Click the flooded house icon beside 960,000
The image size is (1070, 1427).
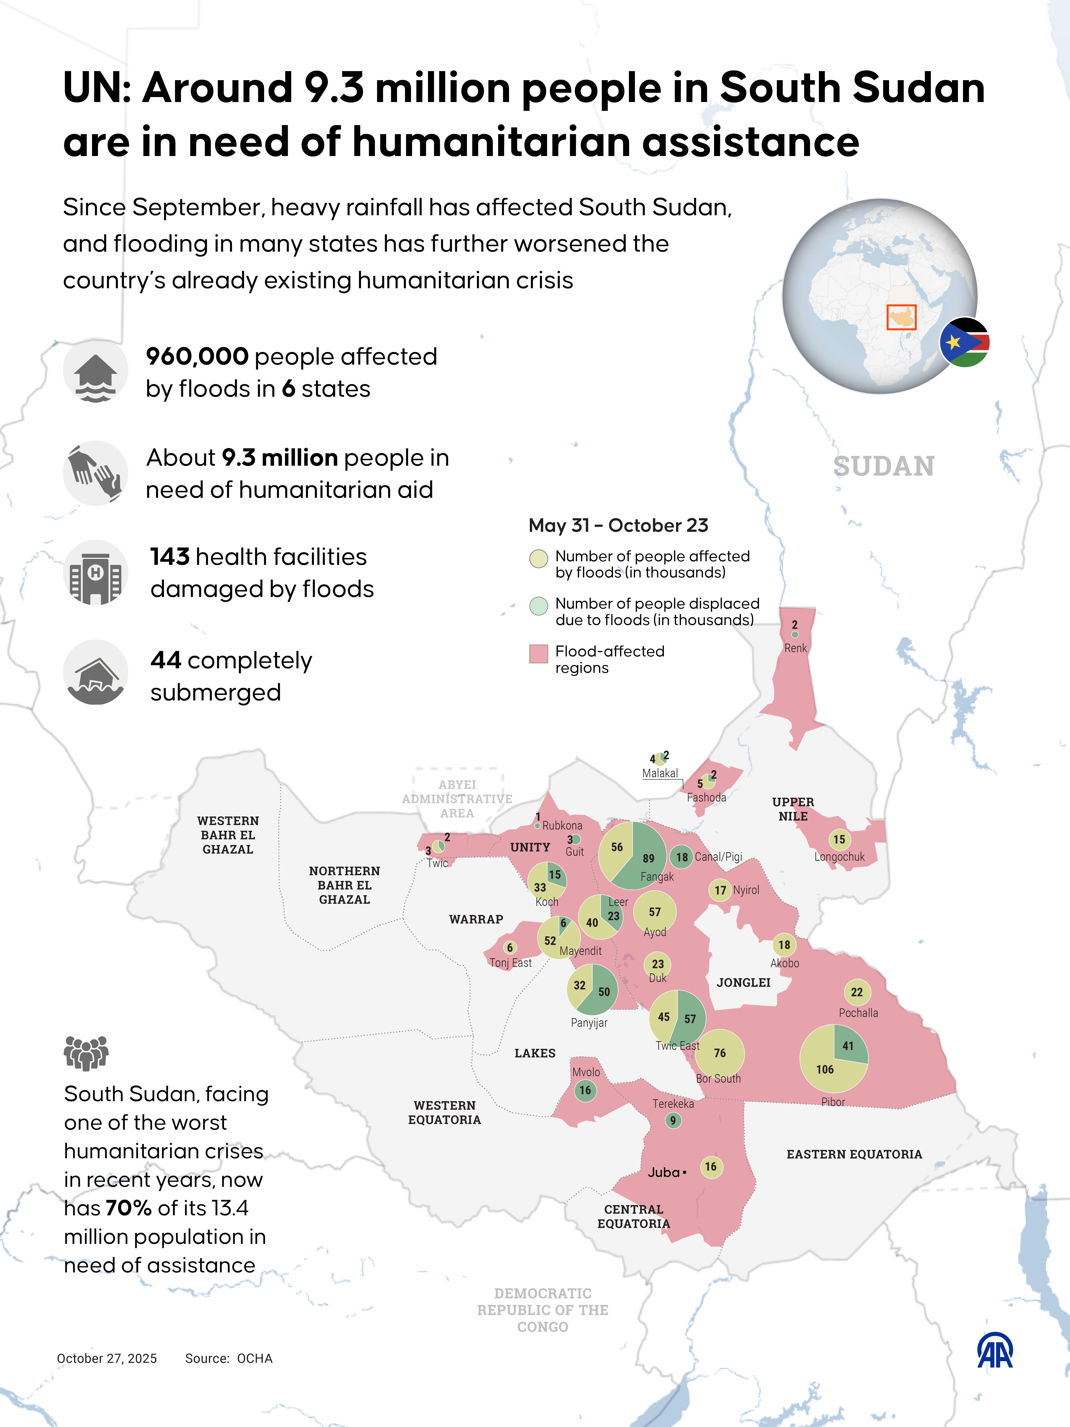coord(95,371)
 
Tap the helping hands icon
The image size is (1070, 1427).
coord(95,473)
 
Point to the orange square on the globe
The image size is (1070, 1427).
coord(901,317)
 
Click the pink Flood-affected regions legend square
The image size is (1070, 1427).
coord(538,654)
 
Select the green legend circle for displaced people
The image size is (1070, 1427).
coord(538,606)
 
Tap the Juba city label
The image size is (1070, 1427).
coord(664,1172)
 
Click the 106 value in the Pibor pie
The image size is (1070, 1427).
coord(825,1069)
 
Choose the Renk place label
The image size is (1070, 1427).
coord(795,648)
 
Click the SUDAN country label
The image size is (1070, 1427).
coord(884,466)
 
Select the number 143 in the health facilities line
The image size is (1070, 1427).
coord(170,556)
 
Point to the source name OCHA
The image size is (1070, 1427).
coord(255,1358)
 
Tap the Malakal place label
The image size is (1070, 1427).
coord(660,773)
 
